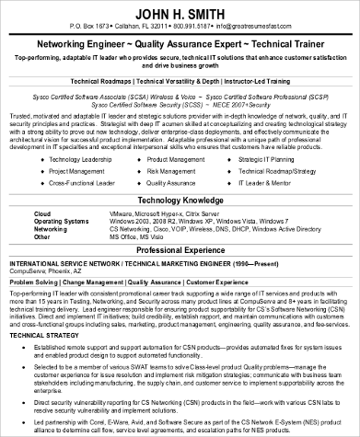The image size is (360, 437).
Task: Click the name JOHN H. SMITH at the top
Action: (x=179, y=12)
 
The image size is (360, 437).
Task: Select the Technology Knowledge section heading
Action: (x=180, y=172)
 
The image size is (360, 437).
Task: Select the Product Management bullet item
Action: (x=182, y=134)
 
